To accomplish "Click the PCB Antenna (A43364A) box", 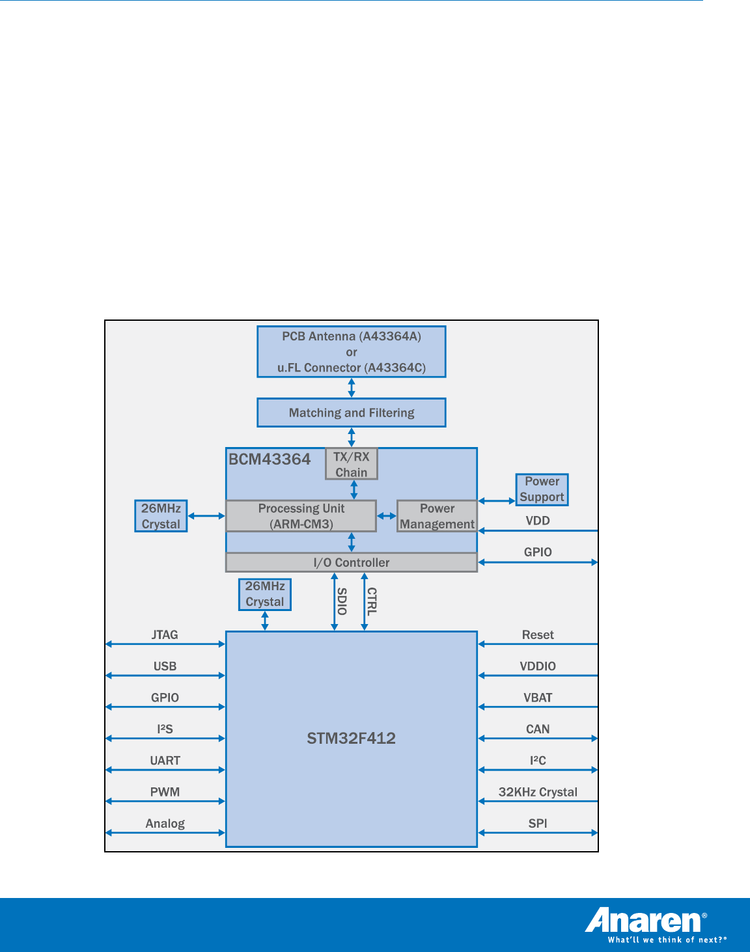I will (352, 351).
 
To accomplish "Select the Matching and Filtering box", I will (352, 413).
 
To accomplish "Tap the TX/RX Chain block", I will (352, 465).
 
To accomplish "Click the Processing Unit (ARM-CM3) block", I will (301, 516).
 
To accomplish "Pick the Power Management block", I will (437, 516).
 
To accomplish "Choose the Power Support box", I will (542, 489).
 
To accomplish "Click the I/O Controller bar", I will (352, 562).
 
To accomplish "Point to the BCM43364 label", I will (270, 459).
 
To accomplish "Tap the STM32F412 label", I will (352, 738).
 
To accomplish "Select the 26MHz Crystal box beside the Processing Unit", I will (161, 516).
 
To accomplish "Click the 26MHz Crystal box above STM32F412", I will (265, 594).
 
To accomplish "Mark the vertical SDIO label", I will (342, 601).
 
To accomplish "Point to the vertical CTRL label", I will (372, 601).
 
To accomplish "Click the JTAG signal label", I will (165, 634).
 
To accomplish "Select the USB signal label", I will (165, 666).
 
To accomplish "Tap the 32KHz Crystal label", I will (538, 792).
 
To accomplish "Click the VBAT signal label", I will (538, 698).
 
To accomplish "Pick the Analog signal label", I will (165, 823).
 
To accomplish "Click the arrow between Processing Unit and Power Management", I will (387, 516).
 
